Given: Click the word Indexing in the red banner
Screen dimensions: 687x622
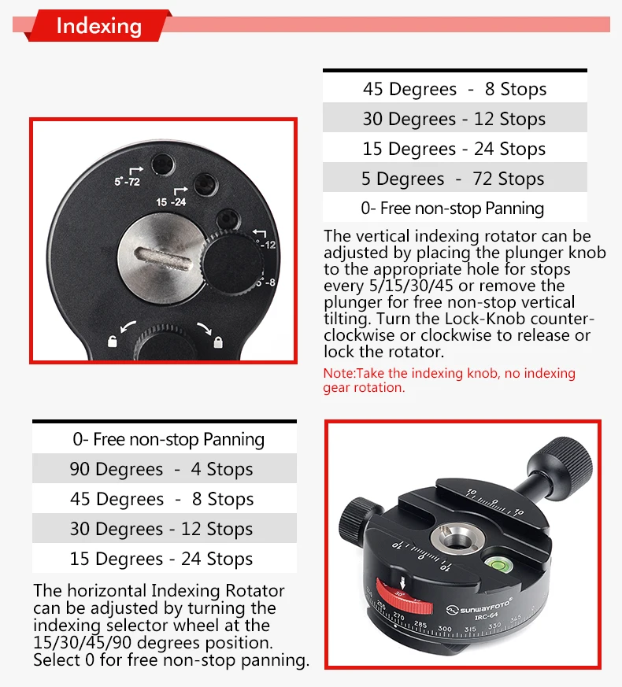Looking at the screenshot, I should [99, 26].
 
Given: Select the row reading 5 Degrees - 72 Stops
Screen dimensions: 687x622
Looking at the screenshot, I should [454, 179].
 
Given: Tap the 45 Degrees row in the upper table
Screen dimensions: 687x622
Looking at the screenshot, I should [454, 89].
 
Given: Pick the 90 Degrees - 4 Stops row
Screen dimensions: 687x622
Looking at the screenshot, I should [161, 469].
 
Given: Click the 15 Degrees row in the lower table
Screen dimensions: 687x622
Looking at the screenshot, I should [161, 559].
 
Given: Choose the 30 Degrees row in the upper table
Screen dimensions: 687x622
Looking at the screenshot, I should [454, 119].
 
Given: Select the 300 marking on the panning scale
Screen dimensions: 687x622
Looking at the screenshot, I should [444, 629].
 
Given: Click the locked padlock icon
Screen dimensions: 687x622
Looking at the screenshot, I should [218, 341].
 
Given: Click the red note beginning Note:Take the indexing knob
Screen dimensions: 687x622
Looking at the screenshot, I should [449, 380].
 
